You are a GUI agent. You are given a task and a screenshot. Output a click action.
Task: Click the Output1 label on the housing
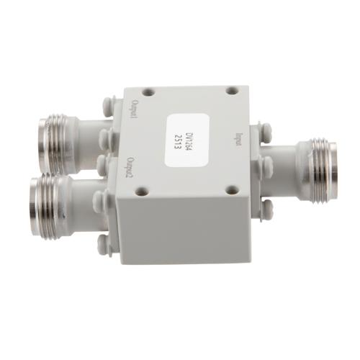coord(133,114)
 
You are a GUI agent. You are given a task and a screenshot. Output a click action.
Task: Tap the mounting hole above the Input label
coord(232,91)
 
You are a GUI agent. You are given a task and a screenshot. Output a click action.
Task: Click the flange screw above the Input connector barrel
coord(267,132)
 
